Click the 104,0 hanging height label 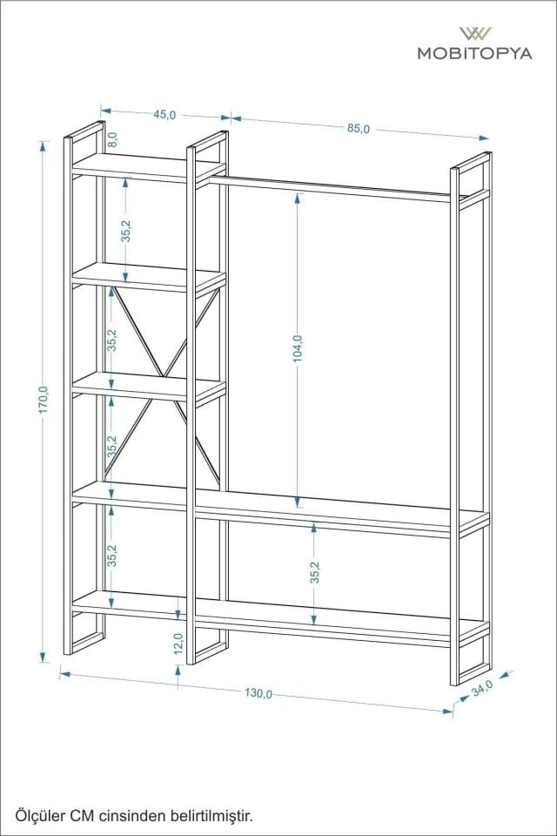click(298, 348)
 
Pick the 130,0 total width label click(258, 693)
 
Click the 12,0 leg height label click(178, 644)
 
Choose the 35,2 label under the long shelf click(315, 572)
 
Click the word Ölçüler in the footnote click(36, 816)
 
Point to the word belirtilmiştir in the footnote click(214, 816)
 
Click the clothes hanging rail click(331, 189)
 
